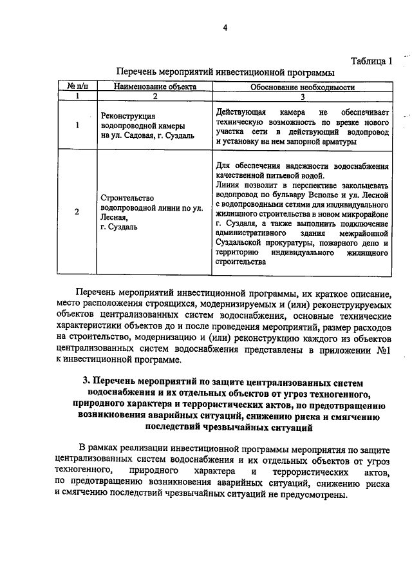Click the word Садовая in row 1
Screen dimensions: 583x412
coord(139,135)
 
